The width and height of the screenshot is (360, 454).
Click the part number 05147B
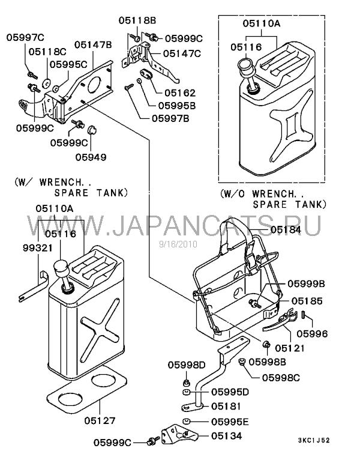93,45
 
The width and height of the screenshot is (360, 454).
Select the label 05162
180,93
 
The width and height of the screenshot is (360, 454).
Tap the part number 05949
91,157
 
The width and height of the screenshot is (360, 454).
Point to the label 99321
38,248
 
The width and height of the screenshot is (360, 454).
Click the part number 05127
100,420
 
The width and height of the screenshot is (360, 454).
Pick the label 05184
286,229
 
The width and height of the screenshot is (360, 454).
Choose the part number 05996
313,334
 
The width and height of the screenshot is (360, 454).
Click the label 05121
290,348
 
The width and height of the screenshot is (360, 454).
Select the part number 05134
227,436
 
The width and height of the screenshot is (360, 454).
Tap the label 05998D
187,365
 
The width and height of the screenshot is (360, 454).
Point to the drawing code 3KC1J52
314,440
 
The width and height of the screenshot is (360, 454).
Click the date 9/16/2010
178,244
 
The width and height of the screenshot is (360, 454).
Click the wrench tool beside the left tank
32,286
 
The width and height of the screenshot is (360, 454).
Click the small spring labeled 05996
304,314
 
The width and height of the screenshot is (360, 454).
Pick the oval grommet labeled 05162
147,74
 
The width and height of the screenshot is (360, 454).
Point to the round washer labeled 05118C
46,83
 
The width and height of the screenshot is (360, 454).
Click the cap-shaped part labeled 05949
92,131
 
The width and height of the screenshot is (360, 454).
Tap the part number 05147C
182,53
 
